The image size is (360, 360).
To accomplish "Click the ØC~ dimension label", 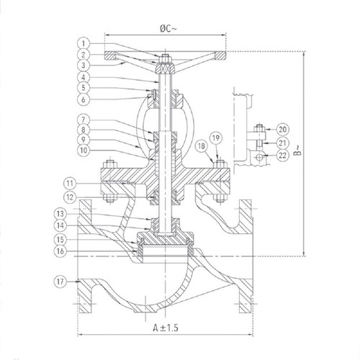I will pyautogui.click(x=165, y=28).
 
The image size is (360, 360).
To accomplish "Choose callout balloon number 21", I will pyautogui.click(x=283, y=143).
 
